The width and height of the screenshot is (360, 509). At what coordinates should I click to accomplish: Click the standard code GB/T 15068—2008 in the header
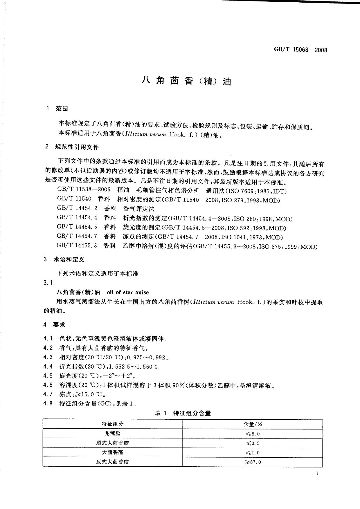click(x=300, y=50)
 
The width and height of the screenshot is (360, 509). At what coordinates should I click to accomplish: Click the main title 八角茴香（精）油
click(x=186, y=81)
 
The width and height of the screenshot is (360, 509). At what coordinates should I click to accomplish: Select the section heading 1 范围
click(x=57, y=109)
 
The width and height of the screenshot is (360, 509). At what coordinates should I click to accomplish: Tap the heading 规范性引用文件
click(x=77, y=147)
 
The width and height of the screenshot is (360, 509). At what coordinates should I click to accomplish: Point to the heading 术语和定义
click(x=69, y=259)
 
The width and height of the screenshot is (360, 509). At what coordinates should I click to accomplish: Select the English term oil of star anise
click(x=128, y=292)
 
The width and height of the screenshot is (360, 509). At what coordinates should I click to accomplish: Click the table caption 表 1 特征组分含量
click(x=183, y=413)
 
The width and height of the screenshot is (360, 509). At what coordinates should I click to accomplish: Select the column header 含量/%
click(x=253, y=424)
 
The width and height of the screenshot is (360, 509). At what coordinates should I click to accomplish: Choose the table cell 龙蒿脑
click(x=112, y=434)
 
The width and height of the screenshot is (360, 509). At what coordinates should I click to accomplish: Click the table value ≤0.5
click(x=253, y=443)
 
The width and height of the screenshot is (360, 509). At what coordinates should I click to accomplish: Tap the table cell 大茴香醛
click(x=112, y=452)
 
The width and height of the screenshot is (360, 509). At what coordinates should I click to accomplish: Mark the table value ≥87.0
click(x=253, y=462)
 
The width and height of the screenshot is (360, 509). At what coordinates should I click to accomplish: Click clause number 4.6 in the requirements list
click(x=48, y=385)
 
